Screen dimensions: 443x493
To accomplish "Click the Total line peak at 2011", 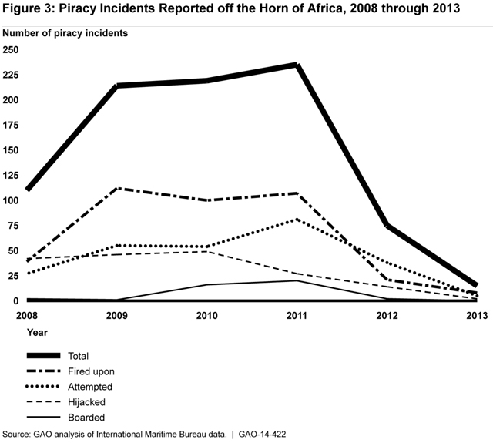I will pyautogui.click(x=297, y=65).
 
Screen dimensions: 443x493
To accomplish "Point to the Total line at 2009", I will pyautogui.click(x=117, y=86).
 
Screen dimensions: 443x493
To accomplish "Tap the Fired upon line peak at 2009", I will pyautogui.click(x=117, y=188).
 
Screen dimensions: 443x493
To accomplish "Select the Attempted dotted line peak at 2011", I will pyautogui.click(x=297, y=220).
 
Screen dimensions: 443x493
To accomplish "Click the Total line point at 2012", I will pyautogui.click(x=387, y=226).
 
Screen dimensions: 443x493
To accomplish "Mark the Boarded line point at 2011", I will pyautogui.click(x=297, y=280).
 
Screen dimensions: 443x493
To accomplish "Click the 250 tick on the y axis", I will pyautogui.click(x=11, y=50).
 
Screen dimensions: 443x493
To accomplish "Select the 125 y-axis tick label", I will pyautogui.click(x=11, y=176).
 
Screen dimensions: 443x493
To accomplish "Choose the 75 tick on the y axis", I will pyautogui.click(x=13, y=226).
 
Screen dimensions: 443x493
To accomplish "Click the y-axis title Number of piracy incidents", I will pyautogui.click(x=65, y=34).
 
